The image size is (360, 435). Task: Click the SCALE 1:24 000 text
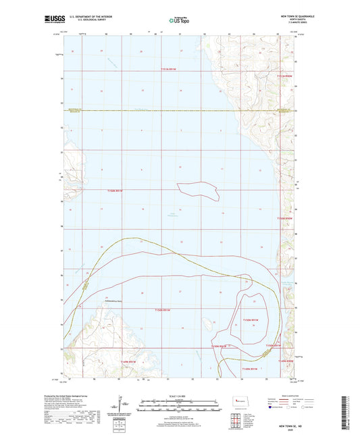tap(179, 396)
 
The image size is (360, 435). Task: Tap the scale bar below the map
tap(179, 405)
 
